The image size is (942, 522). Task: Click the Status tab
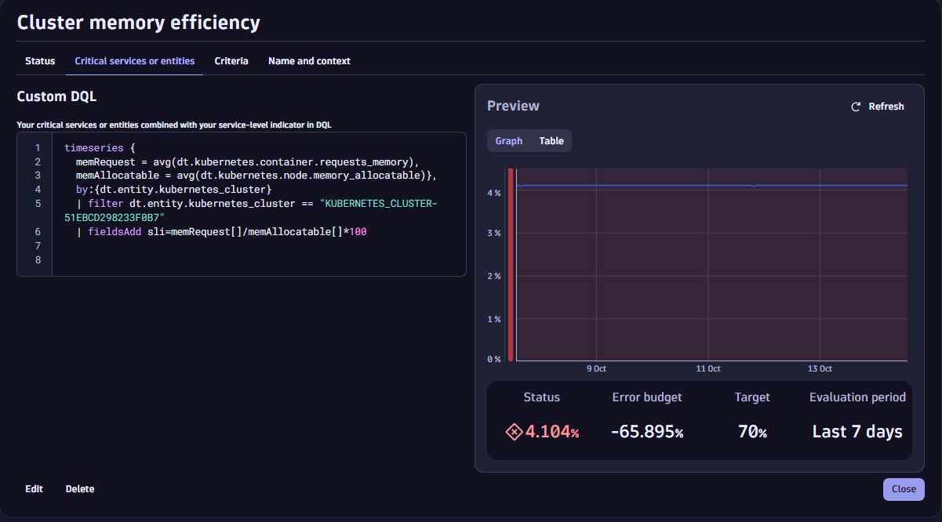point(40,61)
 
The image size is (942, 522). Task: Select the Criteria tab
point(231,61)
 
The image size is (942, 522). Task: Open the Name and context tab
point(309,61)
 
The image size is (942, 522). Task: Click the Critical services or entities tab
point(135,61)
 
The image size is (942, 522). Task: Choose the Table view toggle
point(551,141)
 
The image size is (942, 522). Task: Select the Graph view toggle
point(508,141)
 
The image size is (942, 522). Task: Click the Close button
point(904,489)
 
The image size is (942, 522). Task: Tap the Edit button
point(34,489)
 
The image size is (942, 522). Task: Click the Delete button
point(80,489)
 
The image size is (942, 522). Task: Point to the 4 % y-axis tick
point(494,193)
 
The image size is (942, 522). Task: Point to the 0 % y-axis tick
point(494,359)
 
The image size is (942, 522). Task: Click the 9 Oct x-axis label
point(596,368)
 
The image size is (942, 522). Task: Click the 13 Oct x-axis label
point(820,368)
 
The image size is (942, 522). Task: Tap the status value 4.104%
point(551,432)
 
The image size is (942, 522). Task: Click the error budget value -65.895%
point(647,432)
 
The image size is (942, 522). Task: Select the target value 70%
point(752,432)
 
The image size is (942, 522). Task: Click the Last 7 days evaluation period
point(857,432)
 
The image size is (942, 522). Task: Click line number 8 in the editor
point(38,260)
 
